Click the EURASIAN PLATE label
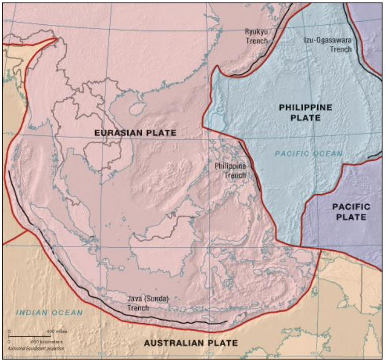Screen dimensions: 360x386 point(136,133)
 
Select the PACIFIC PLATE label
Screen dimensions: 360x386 point(351,212)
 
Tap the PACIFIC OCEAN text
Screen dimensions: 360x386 point(308,154)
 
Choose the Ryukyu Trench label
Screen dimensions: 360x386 point(257,36)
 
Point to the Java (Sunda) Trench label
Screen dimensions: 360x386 point(149,303)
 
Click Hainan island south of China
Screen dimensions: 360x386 point(136,109)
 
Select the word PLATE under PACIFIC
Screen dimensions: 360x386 point(351,217)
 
